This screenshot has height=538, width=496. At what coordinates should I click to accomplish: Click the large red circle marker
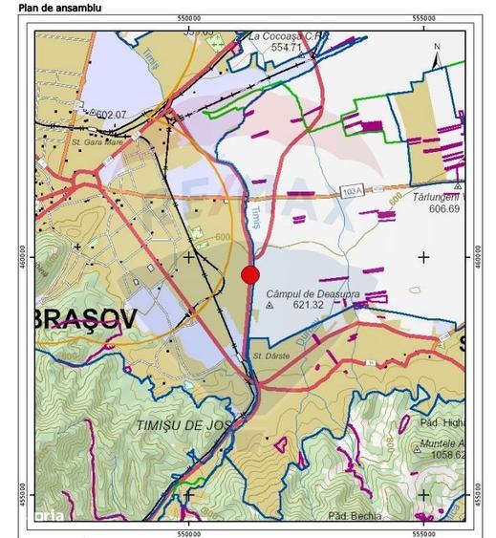coord(250,275)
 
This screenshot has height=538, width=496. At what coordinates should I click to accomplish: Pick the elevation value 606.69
coord(444,208)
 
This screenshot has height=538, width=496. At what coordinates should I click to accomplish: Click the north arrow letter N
coord(437,47)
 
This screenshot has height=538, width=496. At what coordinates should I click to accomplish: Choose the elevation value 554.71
coord(286,47)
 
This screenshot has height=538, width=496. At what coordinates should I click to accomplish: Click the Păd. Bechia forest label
coord(355,516)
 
